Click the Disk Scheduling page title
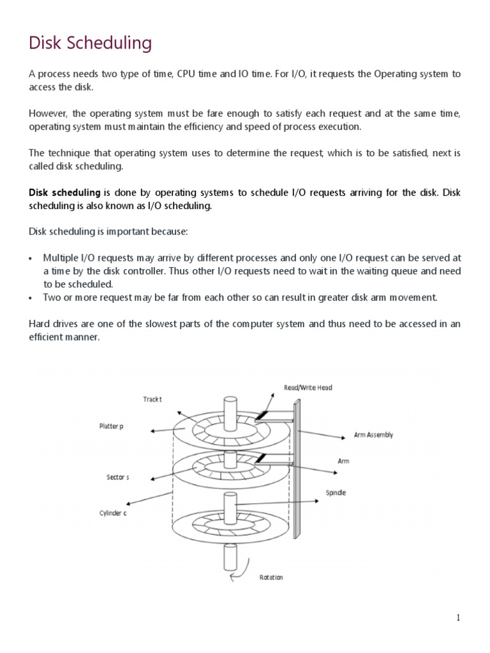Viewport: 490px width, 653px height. point(90,43)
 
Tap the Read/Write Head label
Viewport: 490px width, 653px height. point(308,387)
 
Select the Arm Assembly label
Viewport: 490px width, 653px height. point(373,435)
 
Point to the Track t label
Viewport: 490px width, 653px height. point(152,399)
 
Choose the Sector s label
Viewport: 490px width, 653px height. point(118,477)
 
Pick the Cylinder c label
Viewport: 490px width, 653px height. point(112,513)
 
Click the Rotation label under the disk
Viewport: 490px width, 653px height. point(271,577)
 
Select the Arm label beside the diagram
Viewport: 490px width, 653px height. point(343,460)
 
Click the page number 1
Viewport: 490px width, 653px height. point(458,617)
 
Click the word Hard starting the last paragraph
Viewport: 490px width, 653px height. point(39,324)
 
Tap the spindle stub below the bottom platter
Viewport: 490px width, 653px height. point(230,556)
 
